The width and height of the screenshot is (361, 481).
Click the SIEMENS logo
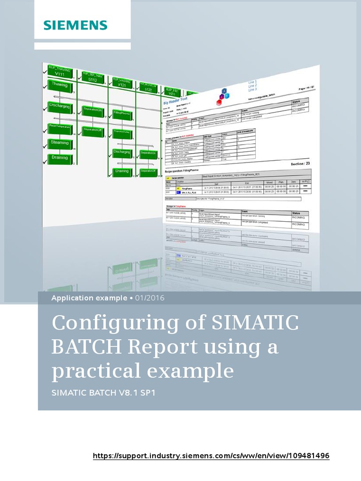coord(76,25)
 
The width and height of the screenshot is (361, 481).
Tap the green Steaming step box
coord(60,143)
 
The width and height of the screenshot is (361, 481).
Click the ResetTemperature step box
coord(60,127)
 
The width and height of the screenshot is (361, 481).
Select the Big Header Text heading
coord(175,100)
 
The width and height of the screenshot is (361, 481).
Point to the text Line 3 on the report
coord(252,89)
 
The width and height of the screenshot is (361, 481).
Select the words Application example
coord(89,298)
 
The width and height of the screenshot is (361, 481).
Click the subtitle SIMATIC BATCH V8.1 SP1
coord(103,392)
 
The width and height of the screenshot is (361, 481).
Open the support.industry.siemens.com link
coord(211,456)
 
